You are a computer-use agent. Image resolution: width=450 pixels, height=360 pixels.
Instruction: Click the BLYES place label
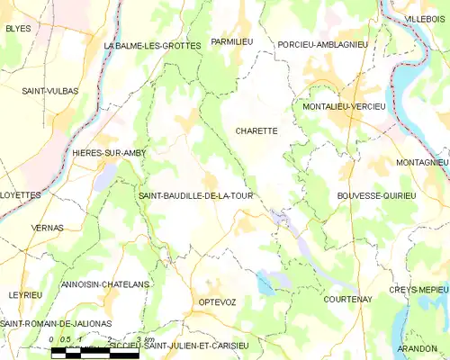(18, 29)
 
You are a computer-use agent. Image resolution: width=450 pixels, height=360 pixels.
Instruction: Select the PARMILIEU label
(232, 42)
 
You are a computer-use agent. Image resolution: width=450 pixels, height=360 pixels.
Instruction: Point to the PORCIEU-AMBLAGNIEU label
(322, 44)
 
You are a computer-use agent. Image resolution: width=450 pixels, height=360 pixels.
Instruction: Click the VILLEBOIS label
(425, 18)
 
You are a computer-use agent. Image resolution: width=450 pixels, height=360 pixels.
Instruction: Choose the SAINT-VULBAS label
(50, 90)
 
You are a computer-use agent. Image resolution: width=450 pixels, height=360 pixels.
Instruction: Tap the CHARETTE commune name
(256, 130)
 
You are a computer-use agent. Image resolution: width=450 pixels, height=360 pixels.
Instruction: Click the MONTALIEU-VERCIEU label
(338, 107)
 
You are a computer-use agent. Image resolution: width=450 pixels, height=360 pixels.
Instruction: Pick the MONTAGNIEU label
(421, 162)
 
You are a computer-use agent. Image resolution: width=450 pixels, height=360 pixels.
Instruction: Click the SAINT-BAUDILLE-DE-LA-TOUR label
(195, 195)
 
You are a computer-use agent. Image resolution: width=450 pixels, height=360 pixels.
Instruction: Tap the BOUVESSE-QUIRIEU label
(376, 195)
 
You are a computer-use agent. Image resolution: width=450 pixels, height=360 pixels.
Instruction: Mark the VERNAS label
(47, 228)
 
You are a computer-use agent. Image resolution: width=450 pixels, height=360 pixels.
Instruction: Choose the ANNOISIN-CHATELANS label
(103, 284)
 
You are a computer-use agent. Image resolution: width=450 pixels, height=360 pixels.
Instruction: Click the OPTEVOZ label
(217, 302)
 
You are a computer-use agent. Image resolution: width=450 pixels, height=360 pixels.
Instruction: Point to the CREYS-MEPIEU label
(418, 290)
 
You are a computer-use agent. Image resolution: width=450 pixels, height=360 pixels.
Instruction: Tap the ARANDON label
(416, 347)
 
